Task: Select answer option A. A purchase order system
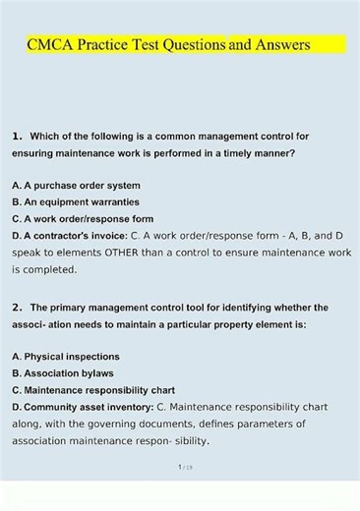click(76, 185)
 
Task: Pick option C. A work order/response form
click(83, 218)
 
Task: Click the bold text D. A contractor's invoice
click(68, 236)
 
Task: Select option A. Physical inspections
click(66, 356)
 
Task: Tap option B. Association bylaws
click(63, 373)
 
